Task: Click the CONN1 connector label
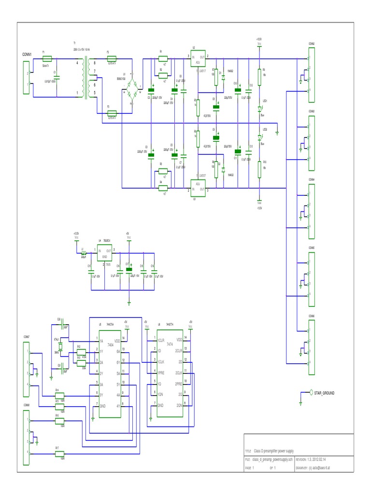click(27, 55)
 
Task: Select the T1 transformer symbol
click(87, 78)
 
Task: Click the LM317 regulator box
click(198, 60)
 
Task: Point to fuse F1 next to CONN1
click(47, 58)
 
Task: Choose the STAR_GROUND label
click(324, 393)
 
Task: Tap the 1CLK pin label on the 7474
click(161, 362)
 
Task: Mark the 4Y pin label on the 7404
click(118, 406)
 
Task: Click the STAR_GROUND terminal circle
click(311, 393)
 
